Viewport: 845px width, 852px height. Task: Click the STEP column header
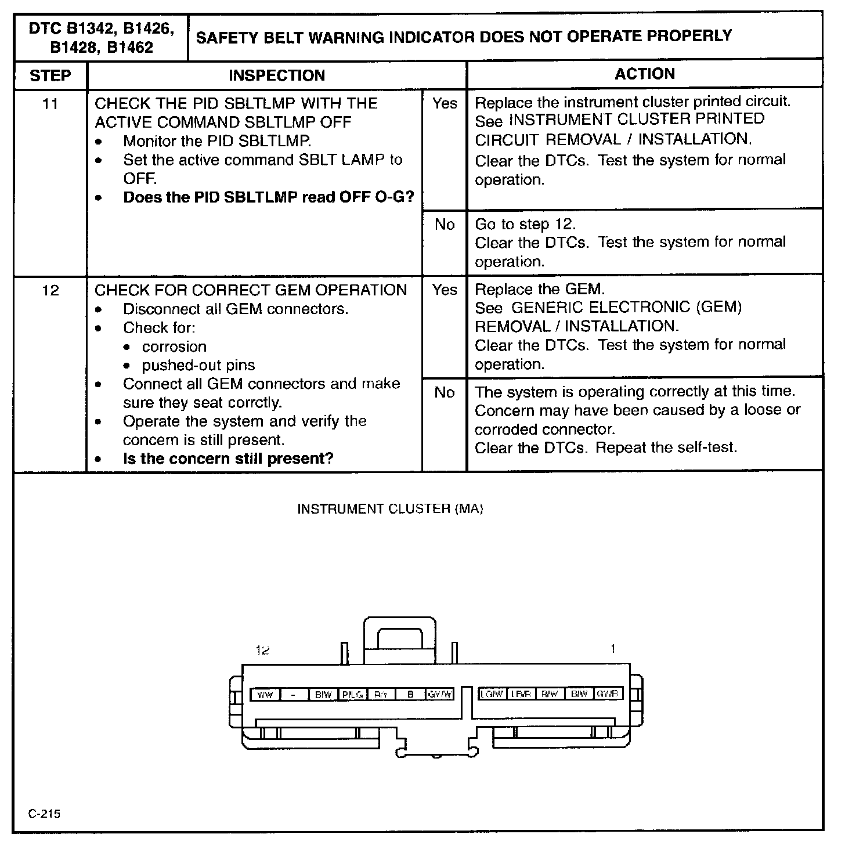(x=50, y=75)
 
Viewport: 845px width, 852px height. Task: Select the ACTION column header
(x=644, y=74)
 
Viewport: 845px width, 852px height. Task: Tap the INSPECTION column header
(x=277, y=75)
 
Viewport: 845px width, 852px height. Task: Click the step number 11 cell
(x=50, y=104)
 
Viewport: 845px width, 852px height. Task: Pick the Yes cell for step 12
(x=445, y=290)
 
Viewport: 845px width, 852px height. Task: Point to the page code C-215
(x=44, y=813)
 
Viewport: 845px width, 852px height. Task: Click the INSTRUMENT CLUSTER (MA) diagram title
(x=390, y=509)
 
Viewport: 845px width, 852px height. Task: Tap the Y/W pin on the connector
(x=265, y=694)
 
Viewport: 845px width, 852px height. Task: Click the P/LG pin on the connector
(x=352, y=694)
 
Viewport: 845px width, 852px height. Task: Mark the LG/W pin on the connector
(x=492, y=694)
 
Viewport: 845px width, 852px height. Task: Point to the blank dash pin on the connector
(x=294, y=694)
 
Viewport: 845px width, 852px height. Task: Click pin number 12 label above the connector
(x=263, y=650)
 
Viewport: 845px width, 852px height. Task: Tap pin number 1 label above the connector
(x=613, y=649)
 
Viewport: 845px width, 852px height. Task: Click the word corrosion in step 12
(x=174, y=346)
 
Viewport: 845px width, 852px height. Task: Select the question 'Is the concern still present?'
(x=228, y=459)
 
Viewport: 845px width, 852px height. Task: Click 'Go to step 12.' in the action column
(x=525, y=224)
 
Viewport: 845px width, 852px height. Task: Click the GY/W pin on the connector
(x=439, y=694)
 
